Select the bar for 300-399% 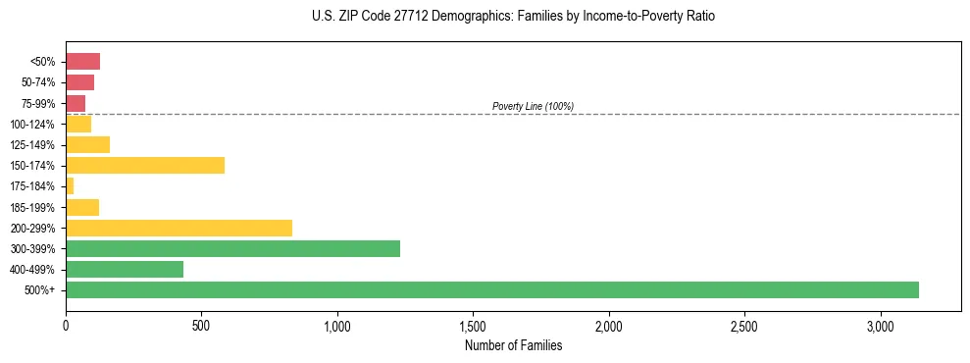(x=232, y=248)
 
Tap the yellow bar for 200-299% (x=179, y=228)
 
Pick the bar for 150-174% (x=145, y=165)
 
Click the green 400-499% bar (x=125, y=269)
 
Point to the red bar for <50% (x=82, y=62)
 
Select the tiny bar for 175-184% (x=70, y=185)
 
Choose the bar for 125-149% (x=87, y=144)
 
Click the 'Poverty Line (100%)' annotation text (x=533, y=106)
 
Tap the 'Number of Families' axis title (x=514, y=345)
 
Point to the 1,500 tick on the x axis (x=473, y=326)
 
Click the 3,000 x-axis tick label (x=881, y=326)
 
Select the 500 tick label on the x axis (x=201, y=326)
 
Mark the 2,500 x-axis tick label (x=744, y=326)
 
